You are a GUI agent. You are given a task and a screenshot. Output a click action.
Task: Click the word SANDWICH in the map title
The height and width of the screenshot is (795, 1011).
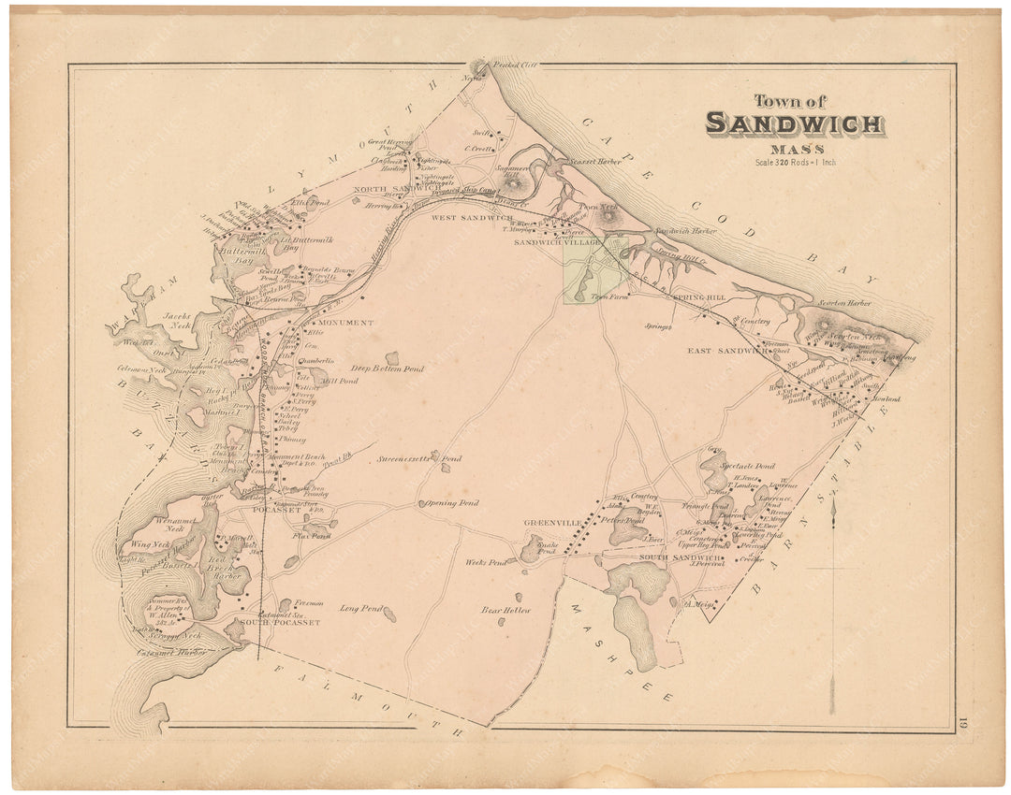[x=794, y=123]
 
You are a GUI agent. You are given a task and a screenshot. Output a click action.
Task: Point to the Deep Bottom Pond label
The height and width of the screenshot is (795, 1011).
[x=388, y=369]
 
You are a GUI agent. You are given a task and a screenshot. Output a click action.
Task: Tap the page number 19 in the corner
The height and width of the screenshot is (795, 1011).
[x=962, y=720]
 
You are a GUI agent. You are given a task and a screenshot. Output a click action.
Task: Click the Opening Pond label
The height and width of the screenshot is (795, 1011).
[x=453, y=503]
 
